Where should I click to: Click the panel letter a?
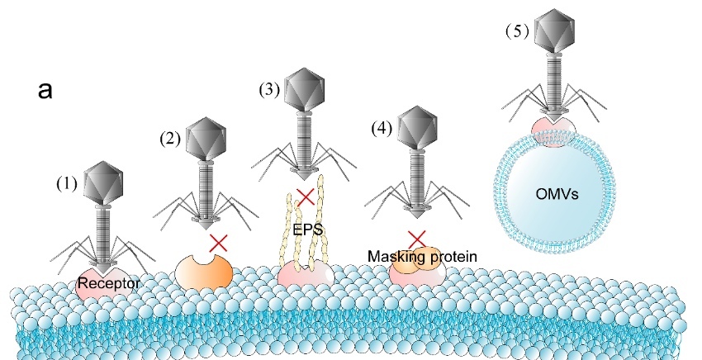click(x=45, y=90)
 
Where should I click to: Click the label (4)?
click(x=379, y=128)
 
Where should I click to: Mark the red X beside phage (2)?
click(x=219, y=243)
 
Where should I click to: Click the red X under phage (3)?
click(x=306, y=197)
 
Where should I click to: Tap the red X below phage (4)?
click(x=417, y=238)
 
